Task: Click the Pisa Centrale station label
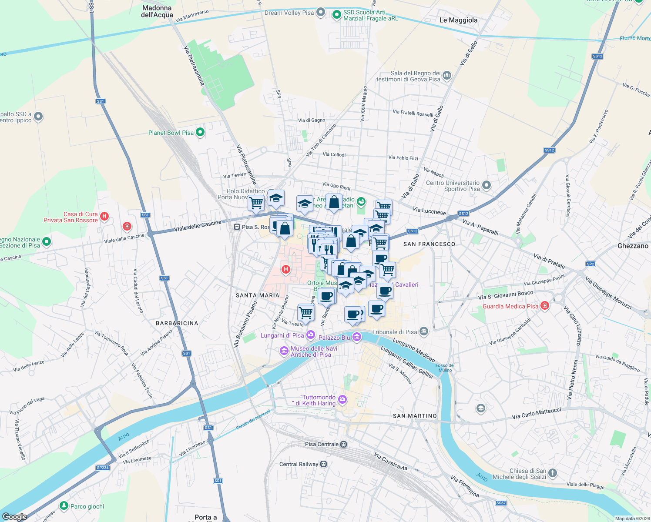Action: pos(322,444)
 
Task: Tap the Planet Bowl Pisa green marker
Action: pos(200,132)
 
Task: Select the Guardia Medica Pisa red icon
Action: pos(544,306)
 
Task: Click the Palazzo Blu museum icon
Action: pos(357,337)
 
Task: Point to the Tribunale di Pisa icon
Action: pos(424,332)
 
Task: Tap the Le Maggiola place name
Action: pos(458,20)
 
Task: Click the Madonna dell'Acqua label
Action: pos(157,11)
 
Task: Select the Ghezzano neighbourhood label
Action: pos(632,246)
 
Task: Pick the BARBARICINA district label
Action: pos(177,323)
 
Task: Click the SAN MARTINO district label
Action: pos(415,416)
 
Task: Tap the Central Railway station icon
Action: pos(323,464)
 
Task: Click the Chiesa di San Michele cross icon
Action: pos(553,473)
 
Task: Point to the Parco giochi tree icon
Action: pos(64,505)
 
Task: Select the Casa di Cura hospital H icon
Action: pos(104,216)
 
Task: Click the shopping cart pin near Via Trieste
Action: pos(306,312)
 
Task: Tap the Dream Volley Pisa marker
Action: pos(321,12)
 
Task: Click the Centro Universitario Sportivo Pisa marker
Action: pos(487,186)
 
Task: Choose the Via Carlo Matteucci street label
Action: pos(536,413)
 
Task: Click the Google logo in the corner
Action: pos(14,516)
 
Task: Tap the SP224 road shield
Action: pos(103,468)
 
